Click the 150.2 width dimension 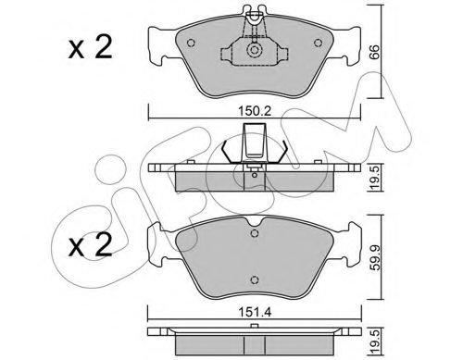click(255, 111)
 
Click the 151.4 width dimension click(255, 312)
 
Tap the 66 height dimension click(374, 52)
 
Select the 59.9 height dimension click(376, 258)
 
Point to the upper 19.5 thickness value click(376, 179)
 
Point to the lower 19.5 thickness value click(376, 342)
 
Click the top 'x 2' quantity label click(90, 47)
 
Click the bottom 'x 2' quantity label click(90, 245)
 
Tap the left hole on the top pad click(191, 43)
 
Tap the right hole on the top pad click(319, 43)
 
